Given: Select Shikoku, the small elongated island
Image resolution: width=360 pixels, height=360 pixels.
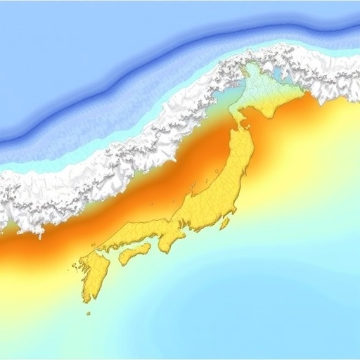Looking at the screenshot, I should (134, 253).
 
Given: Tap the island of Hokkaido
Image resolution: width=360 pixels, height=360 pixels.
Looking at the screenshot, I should (271, 95).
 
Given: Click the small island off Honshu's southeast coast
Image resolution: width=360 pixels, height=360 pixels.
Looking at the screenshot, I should (225, 224).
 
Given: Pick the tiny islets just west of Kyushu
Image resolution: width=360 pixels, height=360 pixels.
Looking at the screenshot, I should (75, 266).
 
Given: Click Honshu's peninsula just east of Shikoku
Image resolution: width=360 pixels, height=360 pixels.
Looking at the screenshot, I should (169, 243).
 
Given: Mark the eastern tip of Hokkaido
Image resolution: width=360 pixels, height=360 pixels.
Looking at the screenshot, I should (304, 91).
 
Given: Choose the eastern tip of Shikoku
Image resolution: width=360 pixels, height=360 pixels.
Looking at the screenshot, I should (150, 247).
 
